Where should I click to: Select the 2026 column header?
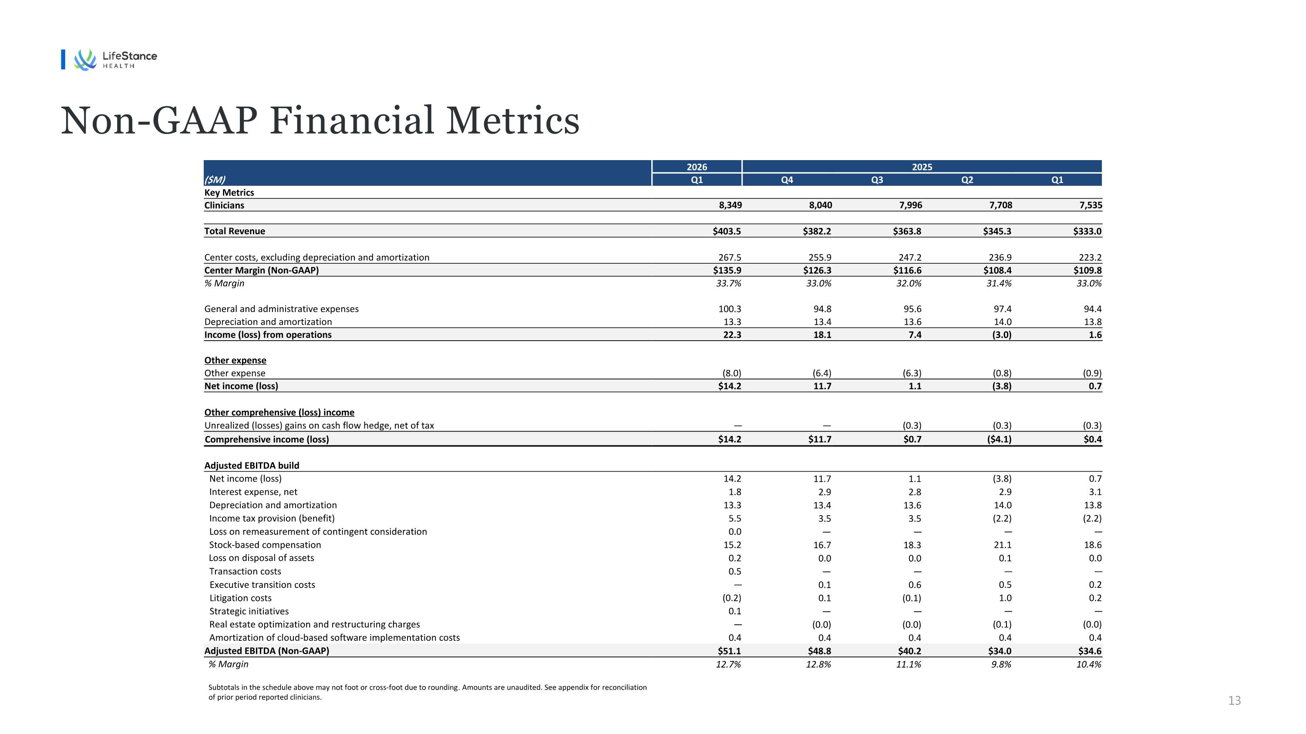[697, 167]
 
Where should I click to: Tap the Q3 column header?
[877, 180]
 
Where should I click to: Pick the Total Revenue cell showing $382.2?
[817, 231]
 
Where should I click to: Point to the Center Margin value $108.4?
[997, 271]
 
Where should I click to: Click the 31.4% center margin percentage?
[999, 284]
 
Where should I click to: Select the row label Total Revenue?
[235, 231]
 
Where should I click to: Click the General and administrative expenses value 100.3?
[730, 309]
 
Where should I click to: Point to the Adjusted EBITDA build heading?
[252, 466]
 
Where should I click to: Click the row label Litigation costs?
[240, 598]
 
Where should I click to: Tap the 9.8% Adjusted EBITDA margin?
[1001, 664]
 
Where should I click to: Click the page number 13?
[1235, 700]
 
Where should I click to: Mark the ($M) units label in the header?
[215, 180]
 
